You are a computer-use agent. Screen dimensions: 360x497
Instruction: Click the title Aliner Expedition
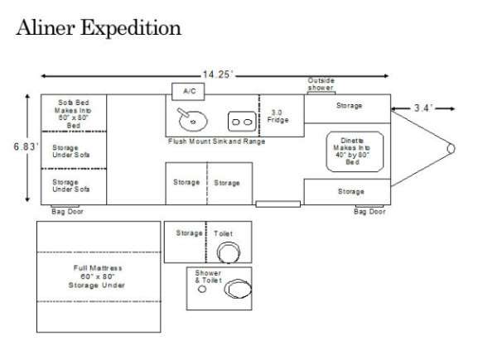pyautogui.click(x=98, y=28)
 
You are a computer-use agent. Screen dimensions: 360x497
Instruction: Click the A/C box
pyautogui.click(x=188, y=89)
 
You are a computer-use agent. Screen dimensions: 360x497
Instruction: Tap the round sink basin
pyautogui.click(x=192, y=120)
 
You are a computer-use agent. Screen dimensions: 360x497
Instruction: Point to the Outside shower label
pyautogui.click(x=321, y=84)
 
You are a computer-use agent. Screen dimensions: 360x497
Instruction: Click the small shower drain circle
pyautogui.click(x=202, y=290)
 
